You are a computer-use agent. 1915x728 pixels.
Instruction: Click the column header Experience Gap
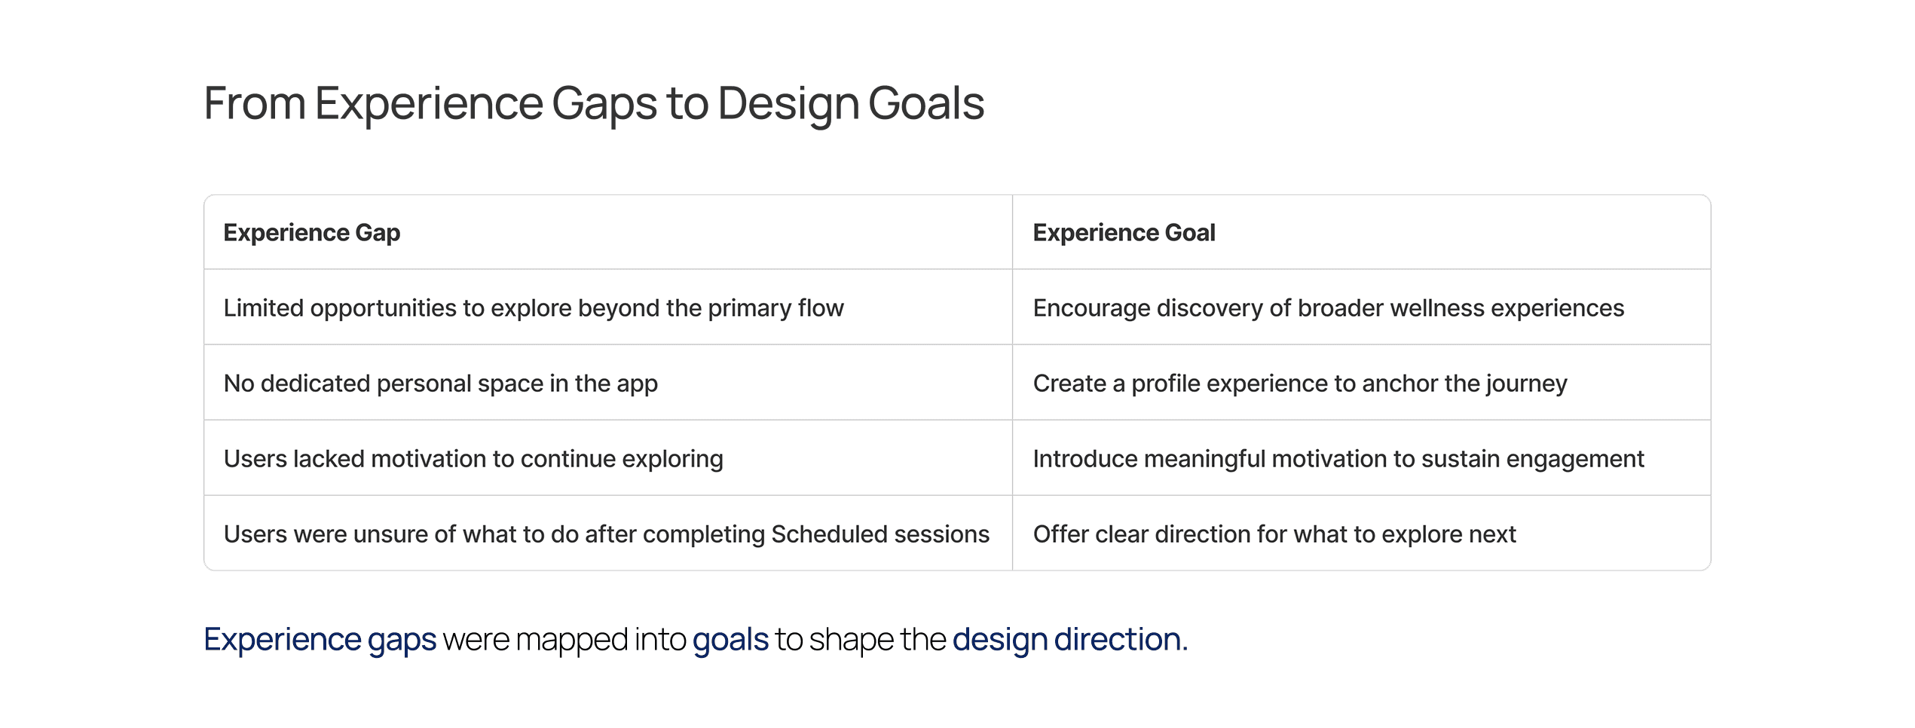click(x=311, y=233)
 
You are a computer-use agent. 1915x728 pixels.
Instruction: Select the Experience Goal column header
click(x=1124, y=233)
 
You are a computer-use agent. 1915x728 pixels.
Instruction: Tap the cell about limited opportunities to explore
click(x=534, y=308)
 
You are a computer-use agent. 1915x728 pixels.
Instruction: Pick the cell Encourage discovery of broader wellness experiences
click(x=1329, y=308)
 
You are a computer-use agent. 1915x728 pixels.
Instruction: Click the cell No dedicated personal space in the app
click(x=441, y=384)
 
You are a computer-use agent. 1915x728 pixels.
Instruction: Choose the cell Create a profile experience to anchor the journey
click(x=1300, y=384)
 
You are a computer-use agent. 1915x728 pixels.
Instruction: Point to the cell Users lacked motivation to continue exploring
click(x=473, y=459)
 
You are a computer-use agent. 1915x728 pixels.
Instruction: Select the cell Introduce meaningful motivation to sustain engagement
click(x=1338, y=459)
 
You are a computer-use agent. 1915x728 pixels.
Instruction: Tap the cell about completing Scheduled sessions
click(x=607, y=534)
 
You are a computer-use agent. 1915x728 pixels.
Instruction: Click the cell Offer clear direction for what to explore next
click(x=1274, y=534)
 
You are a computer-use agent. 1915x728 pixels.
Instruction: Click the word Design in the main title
click(x=788, y=104)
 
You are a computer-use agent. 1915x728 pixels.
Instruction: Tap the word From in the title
click(x=255, y=103)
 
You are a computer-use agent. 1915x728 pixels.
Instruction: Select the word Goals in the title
click(x=926, y=103)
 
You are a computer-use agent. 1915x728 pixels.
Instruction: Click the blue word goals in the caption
click(x=730, y=640)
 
